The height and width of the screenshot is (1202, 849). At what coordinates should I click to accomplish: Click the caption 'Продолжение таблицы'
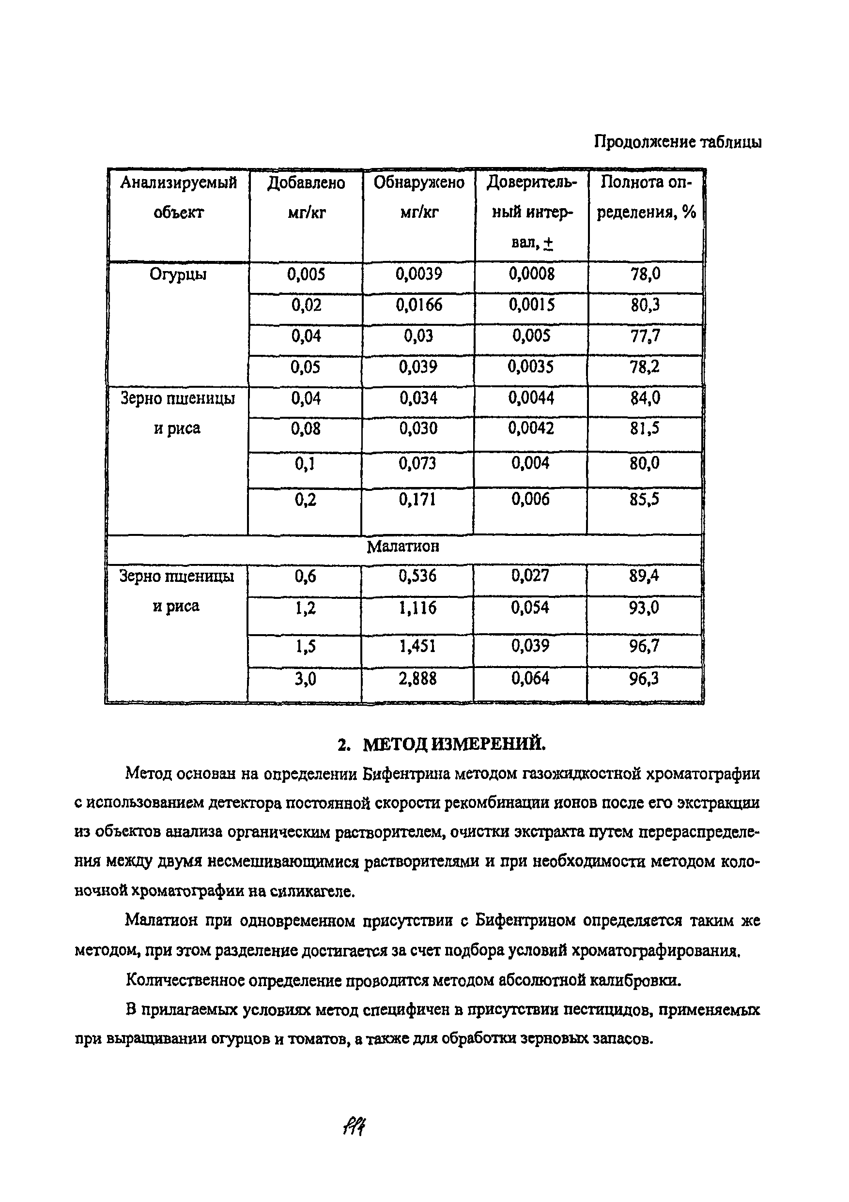tap(678, 142)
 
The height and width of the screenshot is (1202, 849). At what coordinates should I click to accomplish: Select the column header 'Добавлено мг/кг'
tap(307, 198)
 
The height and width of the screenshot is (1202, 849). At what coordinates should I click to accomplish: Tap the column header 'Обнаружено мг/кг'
tap(419, 198)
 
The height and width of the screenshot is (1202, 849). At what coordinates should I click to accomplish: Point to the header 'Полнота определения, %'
tap(646, 198)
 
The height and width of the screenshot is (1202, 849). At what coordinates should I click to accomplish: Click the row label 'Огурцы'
tap(178, 274)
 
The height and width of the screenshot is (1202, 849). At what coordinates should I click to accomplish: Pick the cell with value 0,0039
tap(418, 274)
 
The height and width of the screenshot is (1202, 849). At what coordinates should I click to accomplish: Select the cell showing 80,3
tap(645, 305)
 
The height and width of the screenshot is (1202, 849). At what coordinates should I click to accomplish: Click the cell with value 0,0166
tap(418, 305)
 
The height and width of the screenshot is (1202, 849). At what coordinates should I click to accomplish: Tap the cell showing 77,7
tap(645, 336)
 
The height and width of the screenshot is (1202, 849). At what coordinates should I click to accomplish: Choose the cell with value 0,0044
tap(531, 398)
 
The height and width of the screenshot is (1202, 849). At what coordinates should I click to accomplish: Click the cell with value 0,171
tap(417, 500)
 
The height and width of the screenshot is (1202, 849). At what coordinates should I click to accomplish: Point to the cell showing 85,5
tap(645, 500)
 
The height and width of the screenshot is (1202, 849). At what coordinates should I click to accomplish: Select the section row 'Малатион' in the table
tap(403, 547)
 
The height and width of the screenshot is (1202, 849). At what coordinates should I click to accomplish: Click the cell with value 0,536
tap(417, 577)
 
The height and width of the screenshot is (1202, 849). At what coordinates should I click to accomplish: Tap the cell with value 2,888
tap(417, 679)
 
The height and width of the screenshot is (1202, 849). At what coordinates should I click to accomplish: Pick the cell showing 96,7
tap(644, 647)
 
